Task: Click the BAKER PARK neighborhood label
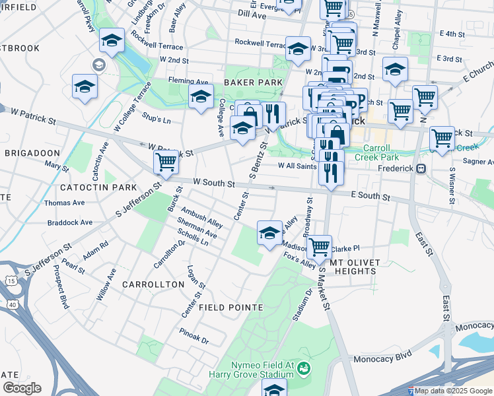[x=252, y=82]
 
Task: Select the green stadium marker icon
[x=304, y=368]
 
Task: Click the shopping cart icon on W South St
[x=166, y=160]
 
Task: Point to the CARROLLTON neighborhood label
[x=153, y=284]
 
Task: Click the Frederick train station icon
[x=420, y=168]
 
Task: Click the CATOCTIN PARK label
[x=98, y=188]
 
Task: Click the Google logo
[x=22, y=388]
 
